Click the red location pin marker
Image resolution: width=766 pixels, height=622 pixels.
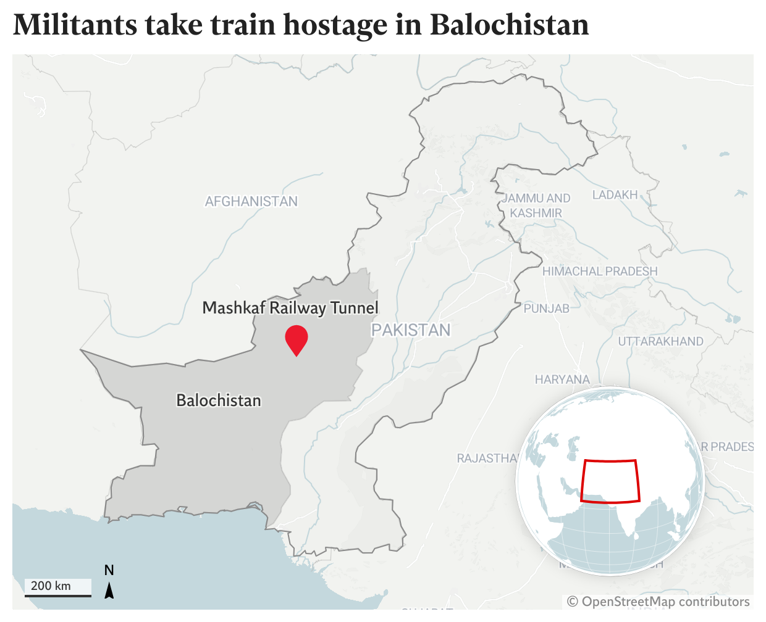coord(297,338)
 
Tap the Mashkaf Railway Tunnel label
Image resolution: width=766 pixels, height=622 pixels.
coord(290,308)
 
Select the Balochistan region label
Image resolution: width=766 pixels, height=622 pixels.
coord(219,400)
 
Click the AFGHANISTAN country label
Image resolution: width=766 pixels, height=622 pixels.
coord(251,201)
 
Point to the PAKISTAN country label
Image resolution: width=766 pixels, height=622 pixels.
coord(411,330)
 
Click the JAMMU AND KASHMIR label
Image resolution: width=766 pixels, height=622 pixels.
coord(536,205)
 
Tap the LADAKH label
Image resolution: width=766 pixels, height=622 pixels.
coord(615,195)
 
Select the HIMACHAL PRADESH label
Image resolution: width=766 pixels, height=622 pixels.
coord(600,272)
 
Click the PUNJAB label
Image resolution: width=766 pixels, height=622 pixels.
coord(547,309)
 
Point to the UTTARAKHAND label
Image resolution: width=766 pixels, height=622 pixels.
coord(660,341)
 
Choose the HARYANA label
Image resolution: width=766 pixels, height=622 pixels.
coord(562,379)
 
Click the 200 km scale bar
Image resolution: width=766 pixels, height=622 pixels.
coord(58,587)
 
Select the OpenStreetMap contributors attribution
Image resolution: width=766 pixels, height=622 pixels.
coord(659,602)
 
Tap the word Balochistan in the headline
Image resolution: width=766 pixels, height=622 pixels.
coord(509,25)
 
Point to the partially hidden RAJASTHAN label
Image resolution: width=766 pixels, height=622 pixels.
coord(487,458)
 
